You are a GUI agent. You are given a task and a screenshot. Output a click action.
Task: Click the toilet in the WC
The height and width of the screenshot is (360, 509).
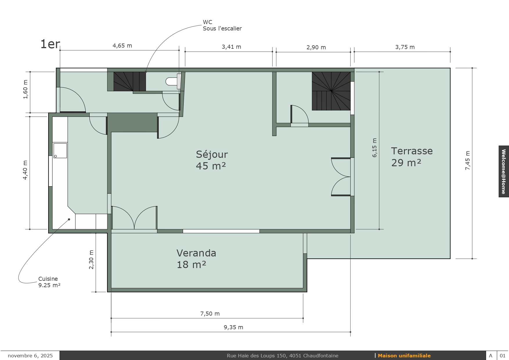[174, 81]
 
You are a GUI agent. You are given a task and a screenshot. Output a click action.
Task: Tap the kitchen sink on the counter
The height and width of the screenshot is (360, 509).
[60, 151]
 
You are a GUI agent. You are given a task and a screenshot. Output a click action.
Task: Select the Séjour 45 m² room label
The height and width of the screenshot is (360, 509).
[212, 160]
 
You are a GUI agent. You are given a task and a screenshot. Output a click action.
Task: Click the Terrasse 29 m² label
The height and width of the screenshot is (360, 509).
[412, 157]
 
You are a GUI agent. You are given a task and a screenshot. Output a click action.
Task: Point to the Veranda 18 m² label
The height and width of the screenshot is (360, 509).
[196, 259]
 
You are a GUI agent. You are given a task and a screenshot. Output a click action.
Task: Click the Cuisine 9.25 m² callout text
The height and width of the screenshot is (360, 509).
[49, 282]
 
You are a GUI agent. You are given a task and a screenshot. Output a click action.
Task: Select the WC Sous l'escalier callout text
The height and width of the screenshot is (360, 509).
[222, 25]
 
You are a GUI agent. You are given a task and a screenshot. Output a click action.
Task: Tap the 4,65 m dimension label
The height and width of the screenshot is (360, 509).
[122, 46]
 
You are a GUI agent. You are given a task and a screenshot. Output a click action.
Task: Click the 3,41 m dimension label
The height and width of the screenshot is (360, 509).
[231, 47]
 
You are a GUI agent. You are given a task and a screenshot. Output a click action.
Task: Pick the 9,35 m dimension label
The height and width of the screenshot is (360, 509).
[233, 327]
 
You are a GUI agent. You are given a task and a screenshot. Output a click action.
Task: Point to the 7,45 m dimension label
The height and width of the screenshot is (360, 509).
[468, 160]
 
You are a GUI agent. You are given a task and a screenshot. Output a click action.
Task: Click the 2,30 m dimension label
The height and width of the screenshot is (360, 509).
[91, 260]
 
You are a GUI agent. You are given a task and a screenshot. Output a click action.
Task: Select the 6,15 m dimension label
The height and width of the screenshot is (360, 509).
[374, 148]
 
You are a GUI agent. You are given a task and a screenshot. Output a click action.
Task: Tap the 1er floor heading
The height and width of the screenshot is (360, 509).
[50, 44]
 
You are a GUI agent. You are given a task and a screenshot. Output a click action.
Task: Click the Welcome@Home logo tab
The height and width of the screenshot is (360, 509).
[504, 171]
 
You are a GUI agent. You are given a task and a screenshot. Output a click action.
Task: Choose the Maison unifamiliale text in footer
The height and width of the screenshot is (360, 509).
[404, 356]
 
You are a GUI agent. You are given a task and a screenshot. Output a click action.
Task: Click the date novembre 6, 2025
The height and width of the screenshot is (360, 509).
[30, 356]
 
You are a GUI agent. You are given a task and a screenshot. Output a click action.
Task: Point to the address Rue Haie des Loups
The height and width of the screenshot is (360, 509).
[283, 356]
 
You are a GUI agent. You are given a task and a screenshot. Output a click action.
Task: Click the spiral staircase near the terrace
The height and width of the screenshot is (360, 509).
[331, 91]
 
